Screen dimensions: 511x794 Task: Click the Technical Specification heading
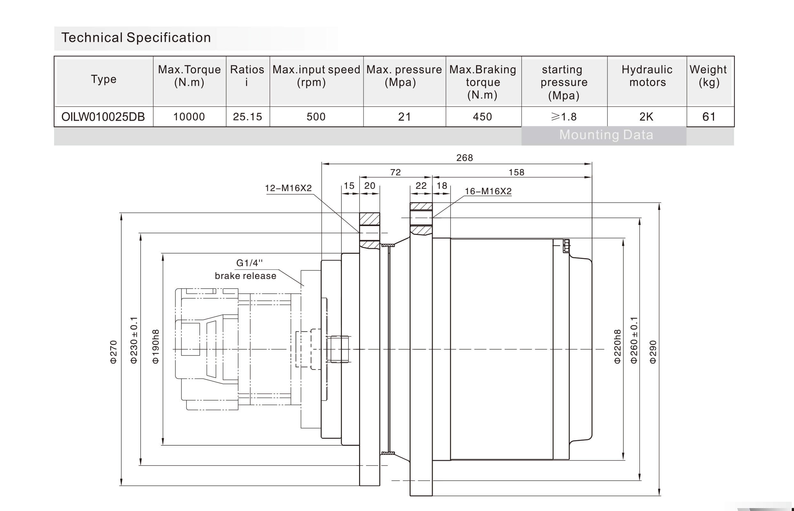(x=136, y=38)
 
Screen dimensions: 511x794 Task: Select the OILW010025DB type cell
(x=103, y=117)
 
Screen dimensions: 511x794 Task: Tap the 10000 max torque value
(x=189, y=117)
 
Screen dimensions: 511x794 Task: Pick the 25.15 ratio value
(x=247, y=117)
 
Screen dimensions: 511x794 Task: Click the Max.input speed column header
(x=316, y=76)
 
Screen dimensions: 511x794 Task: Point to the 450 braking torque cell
(x=482, y=117)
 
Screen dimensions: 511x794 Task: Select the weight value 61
(x=709, y=117)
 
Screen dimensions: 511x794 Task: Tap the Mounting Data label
(x=606, y=135)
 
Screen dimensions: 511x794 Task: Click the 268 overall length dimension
(x=464, y=158)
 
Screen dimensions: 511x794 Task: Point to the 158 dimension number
(x=516, y=172)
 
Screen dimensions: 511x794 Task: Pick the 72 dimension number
(x=396, y=172)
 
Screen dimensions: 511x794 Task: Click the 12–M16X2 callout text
(x=288, y=188)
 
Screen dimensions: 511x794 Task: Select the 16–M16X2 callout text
(x=488, y=191)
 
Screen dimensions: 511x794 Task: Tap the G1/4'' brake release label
(x=246, y=269)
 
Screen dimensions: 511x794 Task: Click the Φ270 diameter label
(x=114, y=352)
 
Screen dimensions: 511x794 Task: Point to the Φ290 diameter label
(x=653, y=352)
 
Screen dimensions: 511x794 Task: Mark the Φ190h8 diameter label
(x=156, y=347)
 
